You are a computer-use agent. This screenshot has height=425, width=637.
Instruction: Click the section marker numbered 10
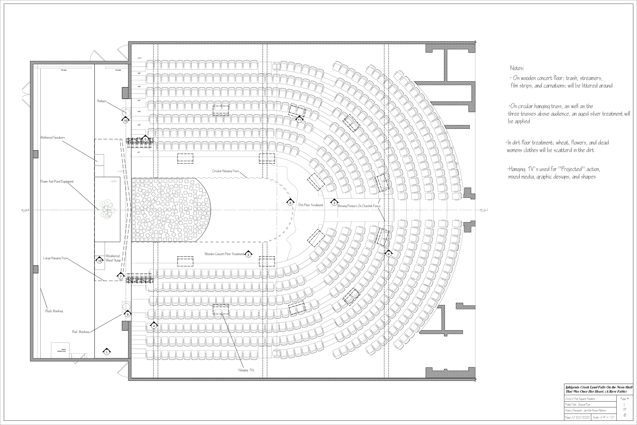(125, 121)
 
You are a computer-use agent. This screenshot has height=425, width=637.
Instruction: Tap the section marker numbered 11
(299, 120)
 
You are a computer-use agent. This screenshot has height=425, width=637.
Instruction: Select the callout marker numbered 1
(107, 352)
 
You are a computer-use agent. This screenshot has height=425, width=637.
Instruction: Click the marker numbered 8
(290, 203)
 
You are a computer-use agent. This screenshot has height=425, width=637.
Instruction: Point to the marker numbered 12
(100, 261)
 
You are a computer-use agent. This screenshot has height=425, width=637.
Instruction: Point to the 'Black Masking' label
(54, 311)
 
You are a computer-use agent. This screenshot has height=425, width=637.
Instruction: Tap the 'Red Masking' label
(80, 332)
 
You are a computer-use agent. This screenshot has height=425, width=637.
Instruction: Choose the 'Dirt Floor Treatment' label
(311, 205)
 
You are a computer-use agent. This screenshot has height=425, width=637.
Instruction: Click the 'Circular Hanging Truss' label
(225, 171)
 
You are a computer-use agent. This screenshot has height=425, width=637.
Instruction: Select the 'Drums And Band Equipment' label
(57, 182)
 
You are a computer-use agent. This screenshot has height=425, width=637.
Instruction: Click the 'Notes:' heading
(517, 68)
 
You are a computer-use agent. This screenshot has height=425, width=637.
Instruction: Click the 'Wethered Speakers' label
(53, 138)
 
